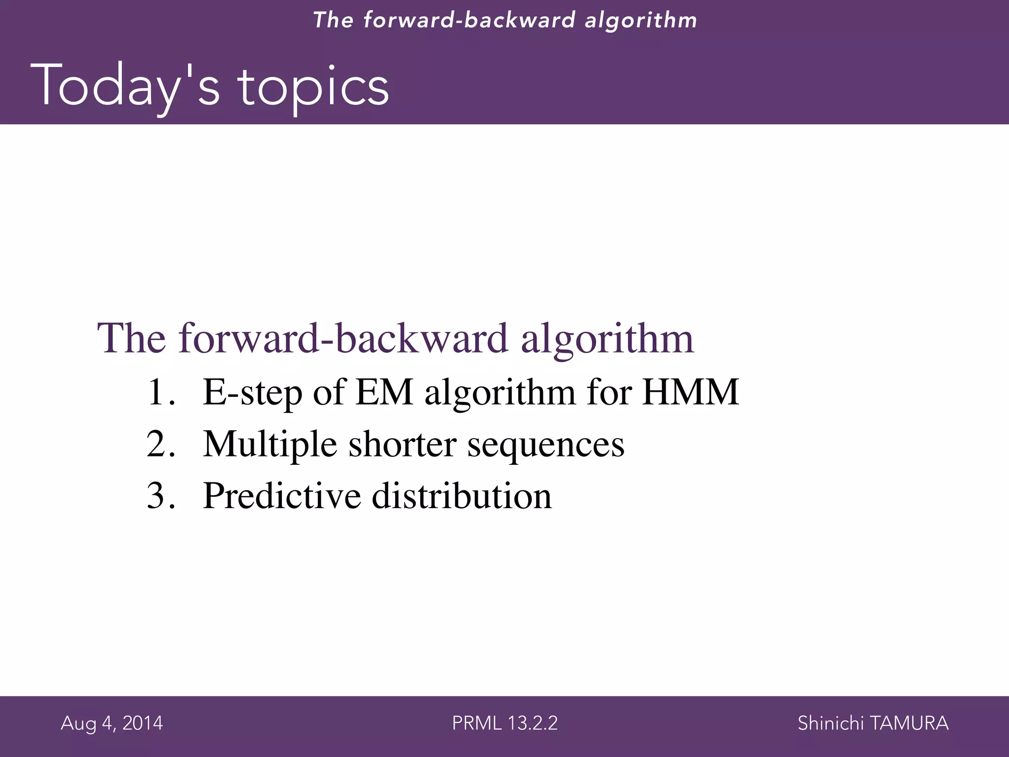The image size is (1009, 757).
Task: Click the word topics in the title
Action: pos(314,86)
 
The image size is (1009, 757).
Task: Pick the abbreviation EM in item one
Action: pos(384,392)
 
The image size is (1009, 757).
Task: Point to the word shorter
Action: pos(402,444)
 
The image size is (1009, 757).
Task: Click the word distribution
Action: pos(462,495)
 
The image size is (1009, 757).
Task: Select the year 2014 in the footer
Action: pos(142,723)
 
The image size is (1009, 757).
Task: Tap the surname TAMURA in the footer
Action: pos(909,723)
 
